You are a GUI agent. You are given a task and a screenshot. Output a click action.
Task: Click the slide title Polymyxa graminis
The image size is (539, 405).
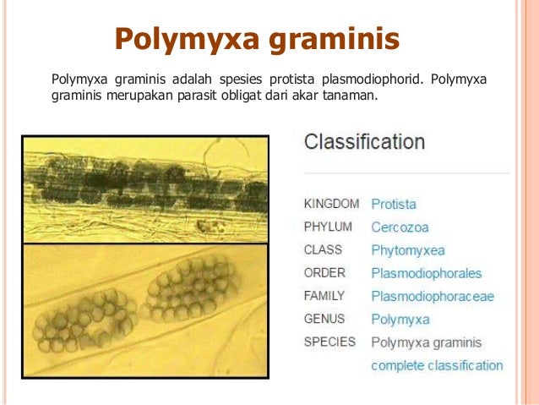(257, 38)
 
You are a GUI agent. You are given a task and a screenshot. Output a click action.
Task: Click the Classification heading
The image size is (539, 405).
(364, 141)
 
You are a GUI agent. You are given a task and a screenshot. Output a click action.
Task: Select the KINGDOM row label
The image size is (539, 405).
(331, 204)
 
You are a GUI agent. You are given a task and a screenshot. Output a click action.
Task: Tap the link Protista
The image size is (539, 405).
(394, 205)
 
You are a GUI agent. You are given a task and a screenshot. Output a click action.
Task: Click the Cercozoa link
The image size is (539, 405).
(400, 227)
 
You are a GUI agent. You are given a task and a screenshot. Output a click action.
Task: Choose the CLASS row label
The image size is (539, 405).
(323, 250)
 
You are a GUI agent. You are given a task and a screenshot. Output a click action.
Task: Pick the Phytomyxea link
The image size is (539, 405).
(407, 250)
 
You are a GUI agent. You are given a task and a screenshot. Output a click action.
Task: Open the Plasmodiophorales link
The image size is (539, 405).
(426, 273)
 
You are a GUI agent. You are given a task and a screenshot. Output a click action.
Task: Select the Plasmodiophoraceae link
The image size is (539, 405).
(433, 297)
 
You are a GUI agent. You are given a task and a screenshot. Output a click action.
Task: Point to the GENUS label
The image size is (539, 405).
(324, 320)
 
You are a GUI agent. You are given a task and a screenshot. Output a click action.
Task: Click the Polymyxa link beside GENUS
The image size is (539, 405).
(400, 320)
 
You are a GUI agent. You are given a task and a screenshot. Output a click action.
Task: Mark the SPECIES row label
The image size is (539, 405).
(329, 342)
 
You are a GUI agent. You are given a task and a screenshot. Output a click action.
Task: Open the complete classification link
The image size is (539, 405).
(437, 365)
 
